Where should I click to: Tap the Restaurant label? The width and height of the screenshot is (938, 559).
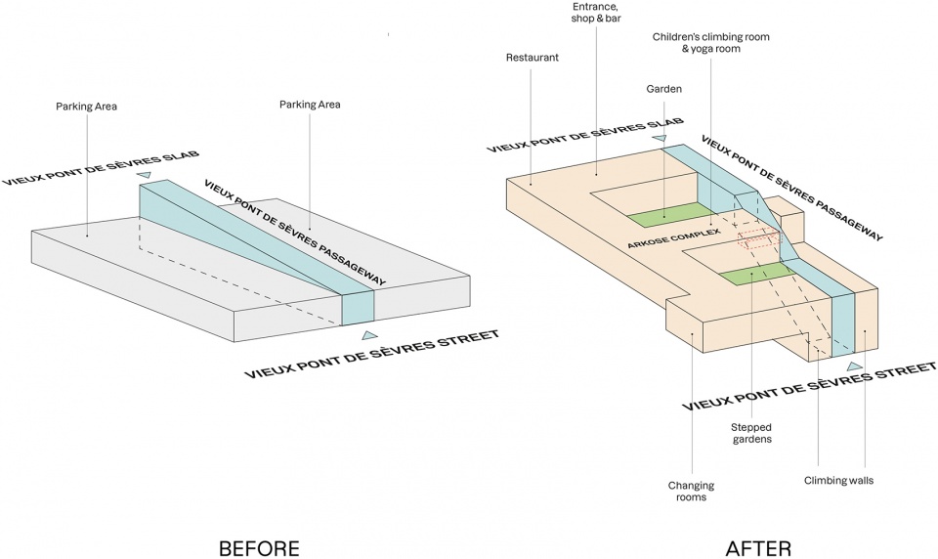(532, 58)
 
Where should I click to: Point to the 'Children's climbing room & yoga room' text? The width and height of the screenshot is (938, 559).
(710, 42)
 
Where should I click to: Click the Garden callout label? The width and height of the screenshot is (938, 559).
(663, 88)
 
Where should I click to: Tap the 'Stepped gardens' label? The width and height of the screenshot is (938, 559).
(751, 433)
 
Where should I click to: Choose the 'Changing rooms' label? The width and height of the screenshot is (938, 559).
(691, 492)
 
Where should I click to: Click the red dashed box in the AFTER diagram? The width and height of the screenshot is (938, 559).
(759, 238)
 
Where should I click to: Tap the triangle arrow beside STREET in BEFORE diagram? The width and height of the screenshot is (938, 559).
(369, 335)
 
